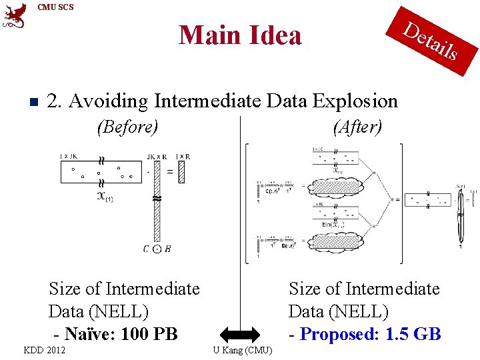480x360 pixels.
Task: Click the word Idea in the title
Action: coord(271,35)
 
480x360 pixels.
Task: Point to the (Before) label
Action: coord(127,127)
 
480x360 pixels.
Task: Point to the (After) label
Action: coord(357,127)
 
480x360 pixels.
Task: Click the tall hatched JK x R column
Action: coord(157,200)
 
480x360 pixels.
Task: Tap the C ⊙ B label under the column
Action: coord(157,249)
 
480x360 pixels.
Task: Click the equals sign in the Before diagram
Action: coord(170,172)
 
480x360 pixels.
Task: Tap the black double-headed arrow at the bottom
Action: coord(240,334)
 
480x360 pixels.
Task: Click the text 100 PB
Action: coord(146,333)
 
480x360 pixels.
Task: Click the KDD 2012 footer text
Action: coord(45,350)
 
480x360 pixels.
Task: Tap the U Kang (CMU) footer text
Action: coord(242,350)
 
